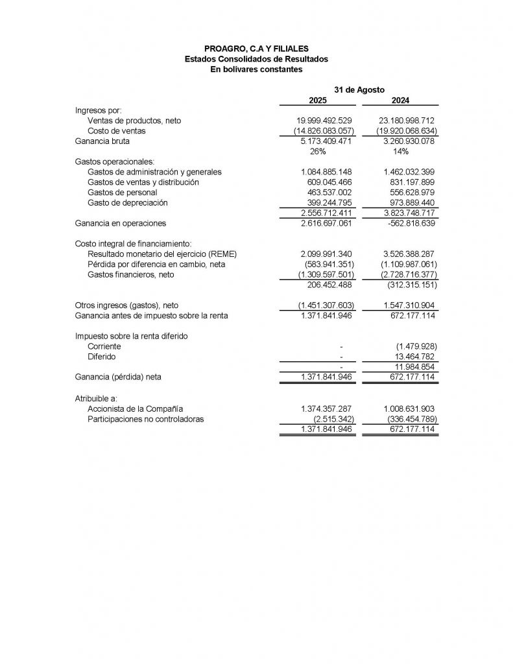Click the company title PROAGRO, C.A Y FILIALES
tap(256, 48)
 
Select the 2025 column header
tap(318, 100)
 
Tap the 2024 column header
tap(400, 100)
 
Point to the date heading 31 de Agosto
tap(359, 89)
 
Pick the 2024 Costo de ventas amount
tap(400, 131)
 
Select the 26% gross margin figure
tap(318, 151)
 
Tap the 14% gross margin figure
tap(400, 151)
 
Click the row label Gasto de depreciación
tap(127, 202)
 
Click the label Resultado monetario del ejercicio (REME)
tap(157, 254)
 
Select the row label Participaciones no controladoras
tap(146, 419)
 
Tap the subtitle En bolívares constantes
tap(256, 69)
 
